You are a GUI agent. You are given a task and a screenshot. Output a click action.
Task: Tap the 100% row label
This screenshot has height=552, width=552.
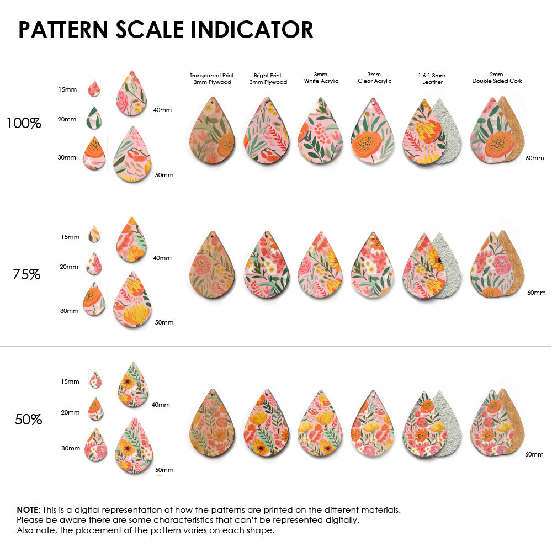[x=24, y=123]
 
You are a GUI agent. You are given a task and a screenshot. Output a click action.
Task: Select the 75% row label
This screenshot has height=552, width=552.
[x=26, y=274]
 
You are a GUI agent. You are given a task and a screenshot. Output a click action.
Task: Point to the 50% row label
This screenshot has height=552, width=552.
[x=28, y=420]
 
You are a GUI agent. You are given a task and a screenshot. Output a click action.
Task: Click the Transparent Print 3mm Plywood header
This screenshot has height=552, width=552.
[x=211, y=78]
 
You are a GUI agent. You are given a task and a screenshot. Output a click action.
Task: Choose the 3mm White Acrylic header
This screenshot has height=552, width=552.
[x=321, y=78]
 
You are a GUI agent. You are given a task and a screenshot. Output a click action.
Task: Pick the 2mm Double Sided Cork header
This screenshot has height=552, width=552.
[x=497, y=78]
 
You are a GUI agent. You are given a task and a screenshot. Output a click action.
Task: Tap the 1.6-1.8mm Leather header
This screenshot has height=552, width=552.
[x=432, y=78]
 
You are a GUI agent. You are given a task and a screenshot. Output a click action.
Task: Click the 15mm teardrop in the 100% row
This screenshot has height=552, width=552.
[x=94, y=88]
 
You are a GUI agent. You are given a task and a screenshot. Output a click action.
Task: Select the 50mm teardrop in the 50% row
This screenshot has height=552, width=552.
[x=134, y=446]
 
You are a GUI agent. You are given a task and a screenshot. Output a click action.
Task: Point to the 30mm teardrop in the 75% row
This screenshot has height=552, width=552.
[x=94, y=299]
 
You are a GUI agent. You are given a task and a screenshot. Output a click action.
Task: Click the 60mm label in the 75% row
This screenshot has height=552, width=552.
[x=536, y=293]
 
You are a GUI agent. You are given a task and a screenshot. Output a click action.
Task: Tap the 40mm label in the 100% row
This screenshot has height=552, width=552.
[x=162, y=110]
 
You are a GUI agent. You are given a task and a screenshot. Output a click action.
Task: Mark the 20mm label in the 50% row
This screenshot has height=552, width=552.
[x=70, y=412]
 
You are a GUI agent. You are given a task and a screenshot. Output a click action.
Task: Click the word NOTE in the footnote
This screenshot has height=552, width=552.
[x=28, y=509]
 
